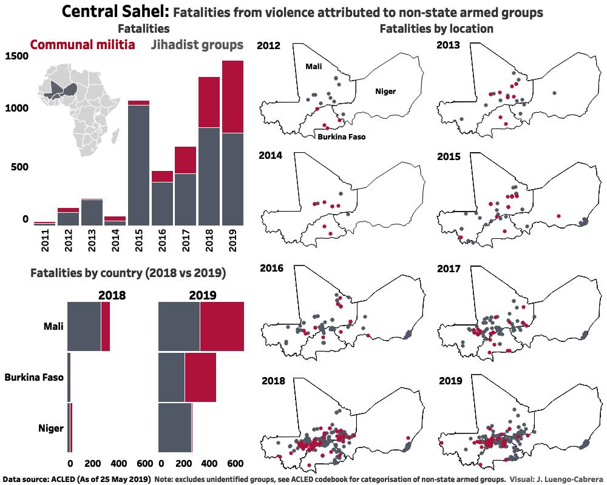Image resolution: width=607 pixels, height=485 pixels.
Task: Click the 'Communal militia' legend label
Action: point(83,45)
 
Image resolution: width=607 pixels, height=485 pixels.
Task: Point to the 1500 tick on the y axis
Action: point(16,56)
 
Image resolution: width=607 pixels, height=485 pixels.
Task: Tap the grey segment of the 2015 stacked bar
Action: point(139,164)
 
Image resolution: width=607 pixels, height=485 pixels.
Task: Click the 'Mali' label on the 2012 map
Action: point(313,66)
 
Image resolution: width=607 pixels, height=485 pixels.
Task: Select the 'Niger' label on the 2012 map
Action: point(385,92)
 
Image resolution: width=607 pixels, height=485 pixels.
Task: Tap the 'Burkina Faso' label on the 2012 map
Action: point(341,137)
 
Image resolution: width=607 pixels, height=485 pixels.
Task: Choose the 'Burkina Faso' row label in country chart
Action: point(34,378)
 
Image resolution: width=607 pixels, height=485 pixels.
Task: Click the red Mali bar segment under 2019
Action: point(222,326)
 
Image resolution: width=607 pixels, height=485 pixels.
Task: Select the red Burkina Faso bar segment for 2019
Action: point(200,377)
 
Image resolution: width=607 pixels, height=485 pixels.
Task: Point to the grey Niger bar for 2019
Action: point(174,427)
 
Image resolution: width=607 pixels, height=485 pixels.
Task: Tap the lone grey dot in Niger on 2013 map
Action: point(555,93)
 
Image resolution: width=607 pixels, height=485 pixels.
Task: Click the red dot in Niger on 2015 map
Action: point(558,215)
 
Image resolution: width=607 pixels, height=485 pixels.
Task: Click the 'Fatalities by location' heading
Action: point(436,28)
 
